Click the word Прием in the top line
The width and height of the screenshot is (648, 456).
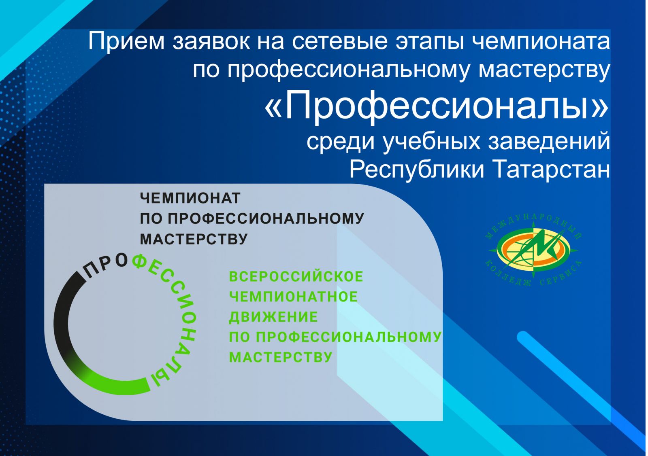(x=126, y=42)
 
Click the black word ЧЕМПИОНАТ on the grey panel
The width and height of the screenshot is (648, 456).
(x=190, y=199)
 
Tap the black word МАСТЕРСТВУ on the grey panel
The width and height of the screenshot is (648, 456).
(x=194, y=239)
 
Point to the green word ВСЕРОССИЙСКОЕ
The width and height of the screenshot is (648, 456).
(x=296, y=276)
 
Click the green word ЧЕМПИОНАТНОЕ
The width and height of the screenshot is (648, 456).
(x=293, y=297)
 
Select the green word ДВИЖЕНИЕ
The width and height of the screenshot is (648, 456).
(x=273, y=317)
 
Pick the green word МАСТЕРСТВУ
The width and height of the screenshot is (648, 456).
(x=280, y=357)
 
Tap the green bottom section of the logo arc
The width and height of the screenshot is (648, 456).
(x=116, y=383)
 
